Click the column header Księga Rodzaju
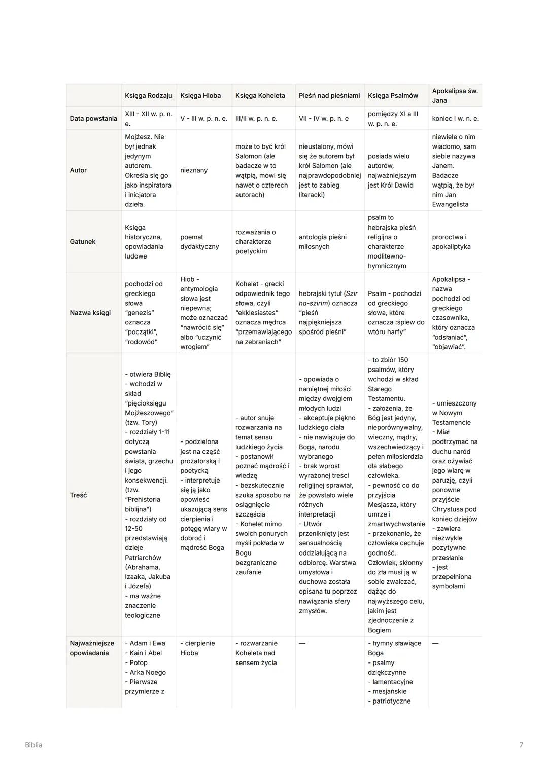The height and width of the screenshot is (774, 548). (x=148, y=95)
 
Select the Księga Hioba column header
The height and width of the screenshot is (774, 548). (x=200, y=95)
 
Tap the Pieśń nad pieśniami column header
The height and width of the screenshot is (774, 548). (x=329, y=95)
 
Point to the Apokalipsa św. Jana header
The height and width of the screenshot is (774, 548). (x=455, y=95)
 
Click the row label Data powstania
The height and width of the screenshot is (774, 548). (x=93, y=118)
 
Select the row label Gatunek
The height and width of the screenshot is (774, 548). (x=83, y=242)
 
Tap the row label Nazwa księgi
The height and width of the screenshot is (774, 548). (x=90, y=313)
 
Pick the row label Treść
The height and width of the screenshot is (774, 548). (x=78, y=495)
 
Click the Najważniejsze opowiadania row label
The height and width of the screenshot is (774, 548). (x=92, y=648)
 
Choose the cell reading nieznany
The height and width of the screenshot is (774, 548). (x=194, y=170)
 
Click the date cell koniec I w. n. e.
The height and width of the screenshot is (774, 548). (x=455, y=118)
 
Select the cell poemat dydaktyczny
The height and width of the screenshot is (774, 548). (x=199, y=242)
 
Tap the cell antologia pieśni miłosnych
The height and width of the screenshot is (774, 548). (x=323, y=242)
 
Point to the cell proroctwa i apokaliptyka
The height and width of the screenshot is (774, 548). (x=451, y=242)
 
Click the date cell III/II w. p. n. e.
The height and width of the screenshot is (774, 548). (x=256, y=118)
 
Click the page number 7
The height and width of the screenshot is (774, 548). (x=521, y=745)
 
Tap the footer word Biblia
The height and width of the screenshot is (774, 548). (x=33, y=745)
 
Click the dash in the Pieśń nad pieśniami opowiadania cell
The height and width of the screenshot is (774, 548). (x=302, y=643)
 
